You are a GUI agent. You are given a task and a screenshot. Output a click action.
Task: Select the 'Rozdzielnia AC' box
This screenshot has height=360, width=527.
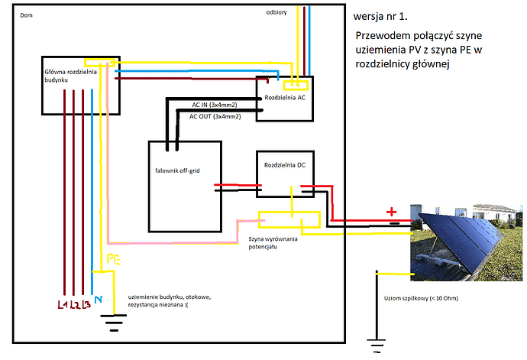[x=286, y=99]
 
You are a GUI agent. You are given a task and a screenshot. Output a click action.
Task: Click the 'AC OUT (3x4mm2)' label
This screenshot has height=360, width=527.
[x=215, y=116]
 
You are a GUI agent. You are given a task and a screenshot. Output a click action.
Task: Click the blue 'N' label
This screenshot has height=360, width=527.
[x=97, y=300]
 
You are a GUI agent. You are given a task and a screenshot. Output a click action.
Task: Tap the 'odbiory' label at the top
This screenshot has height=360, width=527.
[x=277, y=13]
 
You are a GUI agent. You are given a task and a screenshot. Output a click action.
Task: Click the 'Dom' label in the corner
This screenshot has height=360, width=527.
[x=27, y=15]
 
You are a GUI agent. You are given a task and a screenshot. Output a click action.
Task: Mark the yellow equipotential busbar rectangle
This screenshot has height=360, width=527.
[x=289, y=222]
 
